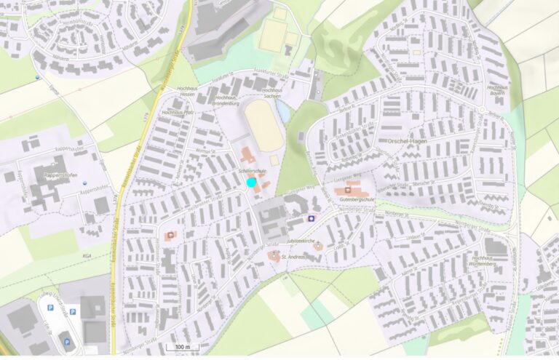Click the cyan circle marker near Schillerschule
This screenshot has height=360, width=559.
[252, 183]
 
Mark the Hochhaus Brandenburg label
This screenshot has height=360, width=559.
[225, 100]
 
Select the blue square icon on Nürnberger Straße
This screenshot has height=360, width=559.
[312, 217]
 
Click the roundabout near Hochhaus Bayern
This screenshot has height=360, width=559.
[481, 110]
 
